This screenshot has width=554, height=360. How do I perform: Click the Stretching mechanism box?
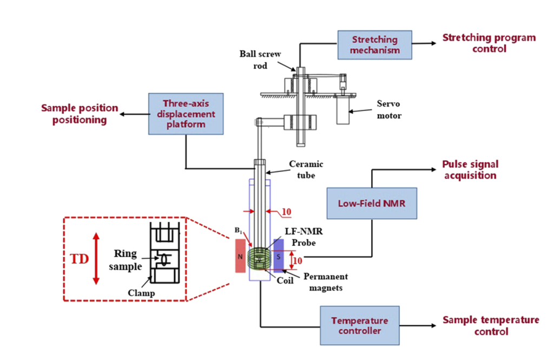pyautogui.click(x=375, y=45)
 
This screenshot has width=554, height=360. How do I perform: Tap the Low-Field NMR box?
pyautogui.click(x=372, y=203)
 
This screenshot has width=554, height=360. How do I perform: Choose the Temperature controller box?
pyautogui.click(x=359, y=325)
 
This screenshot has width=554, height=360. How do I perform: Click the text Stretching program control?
pyautogui.click(x=489, y=43)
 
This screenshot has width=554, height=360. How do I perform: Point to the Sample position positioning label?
pyautogui.click(x=80, y=114)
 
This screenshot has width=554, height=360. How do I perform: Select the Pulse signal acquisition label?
pyautogui.click(x=470, y=169)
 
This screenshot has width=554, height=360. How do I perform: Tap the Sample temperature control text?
pyautogui.click(x=491, y=325)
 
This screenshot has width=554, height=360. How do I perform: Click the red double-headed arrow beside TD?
pyautogui.click(x=96, y=258)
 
